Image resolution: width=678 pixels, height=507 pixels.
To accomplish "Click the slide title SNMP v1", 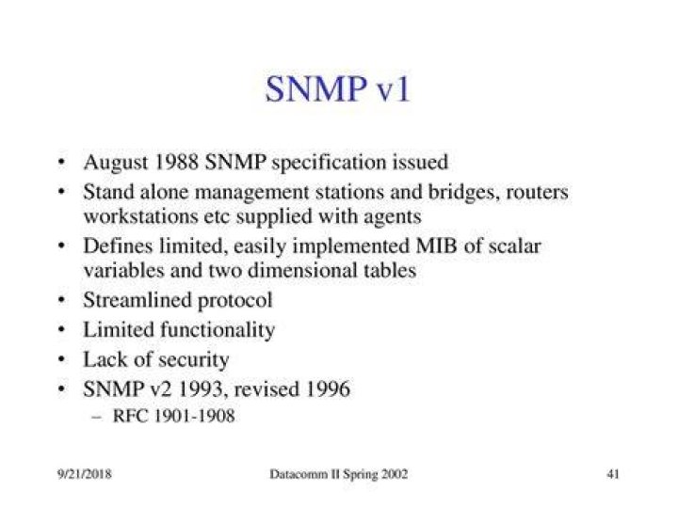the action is click(337, 89).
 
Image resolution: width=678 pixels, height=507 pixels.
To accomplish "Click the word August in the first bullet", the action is click(116, 164).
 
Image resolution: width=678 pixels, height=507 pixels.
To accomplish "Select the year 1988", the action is click(176, 162).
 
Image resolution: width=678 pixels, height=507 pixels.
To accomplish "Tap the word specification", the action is click(329, 164).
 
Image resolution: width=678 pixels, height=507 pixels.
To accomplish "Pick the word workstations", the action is click(140, 216).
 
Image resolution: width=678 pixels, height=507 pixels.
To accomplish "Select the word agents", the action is click(392, 217).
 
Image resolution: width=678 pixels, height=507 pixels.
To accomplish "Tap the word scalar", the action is click(514, 246).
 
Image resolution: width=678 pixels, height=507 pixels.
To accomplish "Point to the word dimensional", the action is click(302, 270).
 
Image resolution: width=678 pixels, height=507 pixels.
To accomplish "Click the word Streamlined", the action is click(137, 300).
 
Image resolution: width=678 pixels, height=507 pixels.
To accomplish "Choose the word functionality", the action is click(218, 330).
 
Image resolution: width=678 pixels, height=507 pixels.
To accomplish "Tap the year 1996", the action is click(328, 388).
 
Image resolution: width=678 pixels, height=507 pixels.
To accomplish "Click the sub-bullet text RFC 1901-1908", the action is click(173, 416).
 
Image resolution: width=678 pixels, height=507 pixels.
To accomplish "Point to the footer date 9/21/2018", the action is click(85, 474).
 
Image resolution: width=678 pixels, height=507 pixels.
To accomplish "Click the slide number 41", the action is click(613, 474).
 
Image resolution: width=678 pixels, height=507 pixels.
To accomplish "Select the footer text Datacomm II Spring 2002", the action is click(339, 474).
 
